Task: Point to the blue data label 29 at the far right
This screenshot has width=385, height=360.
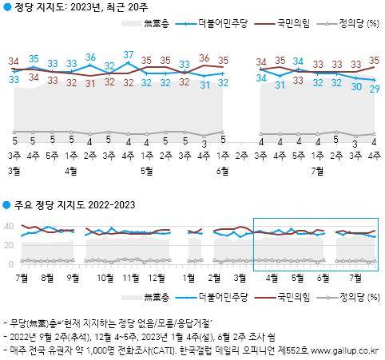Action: [x=374, y=89]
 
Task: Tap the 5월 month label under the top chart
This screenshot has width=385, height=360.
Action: [x=147, y=170]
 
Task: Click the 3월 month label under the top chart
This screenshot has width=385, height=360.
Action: [x=14, y=170]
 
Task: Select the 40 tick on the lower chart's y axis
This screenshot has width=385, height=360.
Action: [x=11, y=226]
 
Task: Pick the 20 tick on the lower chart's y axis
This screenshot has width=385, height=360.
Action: [x=11, y=245]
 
